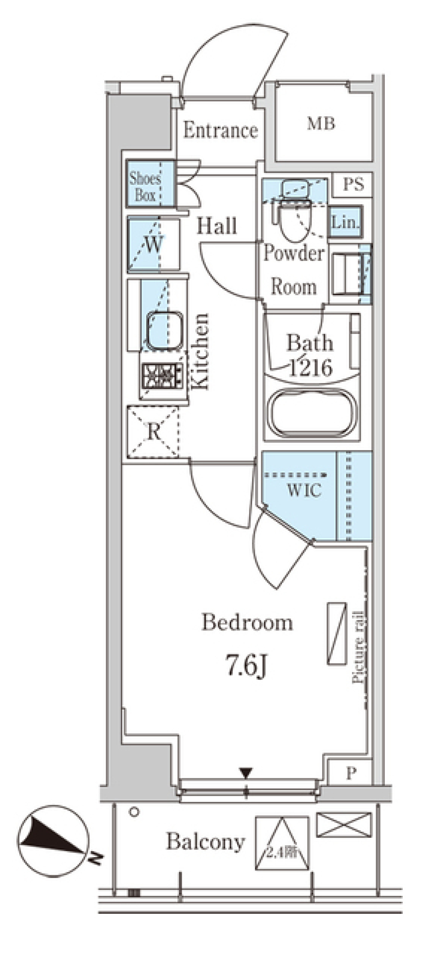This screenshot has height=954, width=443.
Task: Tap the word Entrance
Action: pyautogui.click(x=220, y=130)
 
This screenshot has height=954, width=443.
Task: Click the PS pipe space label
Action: pyautogui.click(x=353, y=184)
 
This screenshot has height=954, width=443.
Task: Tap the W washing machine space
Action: pyautogui.click(x=153, y=244)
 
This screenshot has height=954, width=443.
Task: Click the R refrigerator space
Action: pyautogui.click(x=153, y=432)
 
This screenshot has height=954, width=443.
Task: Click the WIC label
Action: pyautogui.click(x=304, y=490)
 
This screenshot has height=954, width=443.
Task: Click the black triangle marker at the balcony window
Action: pyautogui.click(x=246, y=772)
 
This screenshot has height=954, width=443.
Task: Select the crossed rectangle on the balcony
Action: pyautogui.click(x=344, y=825)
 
